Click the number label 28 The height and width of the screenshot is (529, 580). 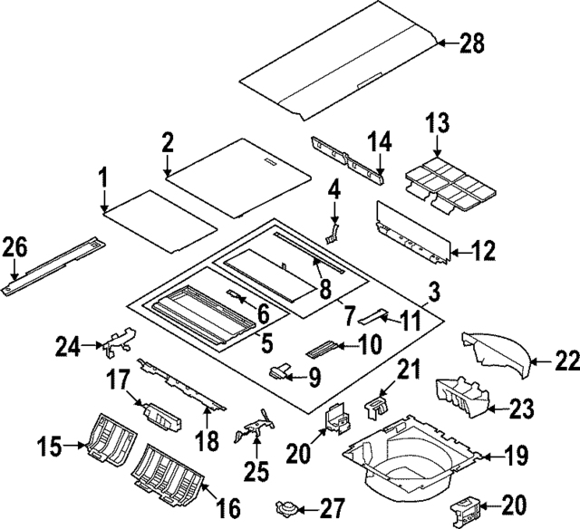tap(472, 42)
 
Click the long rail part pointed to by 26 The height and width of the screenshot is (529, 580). tap(54, 264)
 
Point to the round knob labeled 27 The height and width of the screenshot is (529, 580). tap(286, 506)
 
